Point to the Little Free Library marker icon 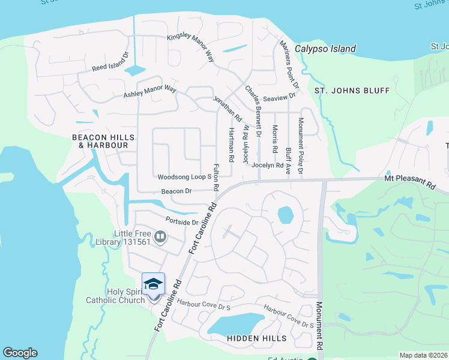(160, 238)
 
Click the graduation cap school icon (153, 283)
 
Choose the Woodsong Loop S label (185, 177)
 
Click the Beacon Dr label (176, 191)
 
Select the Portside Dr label (181, 221)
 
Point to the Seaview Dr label (280, 95)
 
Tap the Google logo (20, 353)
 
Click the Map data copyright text (423, 355)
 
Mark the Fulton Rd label (215, 178)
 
